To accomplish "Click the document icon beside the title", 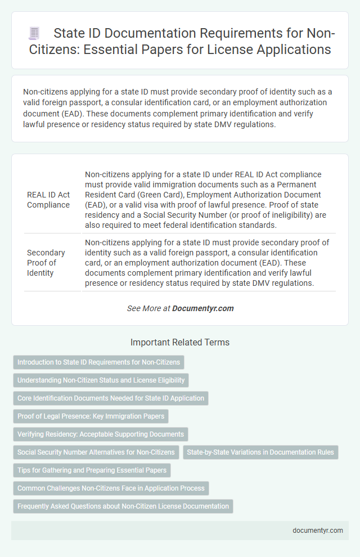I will [34, 34].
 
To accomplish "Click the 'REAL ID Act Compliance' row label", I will [48, 200].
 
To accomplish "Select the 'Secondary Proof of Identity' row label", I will [46, 263].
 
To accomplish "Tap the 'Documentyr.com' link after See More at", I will [202, 308].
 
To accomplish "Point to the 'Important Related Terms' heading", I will [179, 342].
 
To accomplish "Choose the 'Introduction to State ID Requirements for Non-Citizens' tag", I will [98, 362].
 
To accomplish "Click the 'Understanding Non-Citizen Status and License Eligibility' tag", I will [101, 380].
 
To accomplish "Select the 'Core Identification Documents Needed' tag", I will [111, 398].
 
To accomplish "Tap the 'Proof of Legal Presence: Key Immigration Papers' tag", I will [91, 416].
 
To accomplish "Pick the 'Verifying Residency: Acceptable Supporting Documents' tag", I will [100, 434].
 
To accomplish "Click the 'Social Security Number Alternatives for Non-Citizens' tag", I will [96, 452].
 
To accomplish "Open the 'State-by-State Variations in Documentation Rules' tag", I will [260, 452].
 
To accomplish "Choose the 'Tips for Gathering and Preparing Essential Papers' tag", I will [92, 470].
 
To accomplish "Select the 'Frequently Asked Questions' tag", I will [123, 506].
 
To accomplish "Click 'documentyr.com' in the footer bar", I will [317, 530].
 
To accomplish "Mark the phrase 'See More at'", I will [148, 308].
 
